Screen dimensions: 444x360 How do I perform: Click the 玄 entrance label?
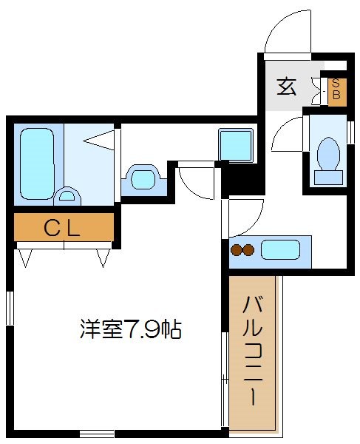coord(287,87)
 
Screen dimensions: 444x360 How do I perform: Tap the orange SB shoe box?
coord(336,90)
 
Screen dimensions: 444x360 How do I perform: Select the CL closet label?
coord(62,228)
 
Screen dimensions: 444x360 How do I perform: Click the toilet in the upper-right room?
coord(328,158)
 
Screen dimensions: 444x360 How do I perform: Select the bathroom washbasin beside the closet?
coord(143,178)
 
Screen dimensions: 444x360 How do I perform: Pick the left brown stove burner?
coord(237,250)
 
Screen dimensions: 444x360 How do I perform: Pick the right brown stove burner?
coord(249,250)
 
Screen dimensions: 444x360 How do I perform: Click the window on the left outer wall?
coord(10,306)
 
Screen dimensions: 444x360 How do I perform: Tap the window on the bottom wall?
coord(97,433)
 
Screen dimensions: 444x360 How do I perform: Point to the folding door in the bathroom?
coord(102,139)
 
